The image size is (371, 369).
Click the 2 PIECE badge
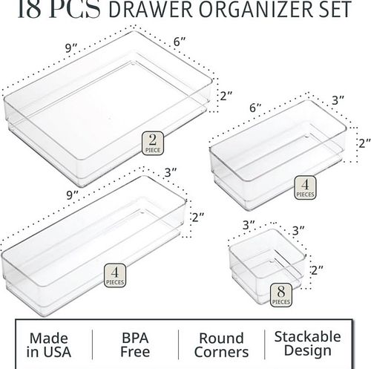[153, 143]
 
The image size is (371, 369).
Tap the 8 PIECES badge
[280, 295]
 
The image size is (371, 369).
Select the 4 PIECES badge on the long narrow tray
[115, 275]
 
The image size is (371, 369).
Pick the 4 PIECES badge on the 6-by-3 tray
[305, 188]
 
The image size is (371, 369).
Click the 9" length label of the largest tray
[71, 48]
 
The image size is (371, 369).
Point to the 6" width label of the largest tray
[180, 42]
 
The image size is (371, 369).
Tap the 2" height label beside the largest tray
[226, 96]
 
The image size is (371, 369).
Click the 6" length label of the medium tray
[255, 108]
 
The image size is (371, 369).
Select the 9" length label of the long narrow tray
[72, 195]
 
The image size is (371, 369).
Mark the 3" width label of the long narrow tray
[171, 172]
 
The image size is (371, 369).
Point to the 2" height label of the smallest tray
[317, 270]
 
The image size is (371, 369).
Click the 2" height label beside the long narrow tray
[198, 218]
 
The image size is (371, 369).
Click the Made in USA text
[49, 345]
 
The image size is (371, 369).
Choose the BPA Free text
[135, 344]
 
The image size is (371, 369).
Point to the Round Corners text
[221, 345]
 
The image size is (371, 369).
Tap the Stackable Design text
[307, 344]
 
